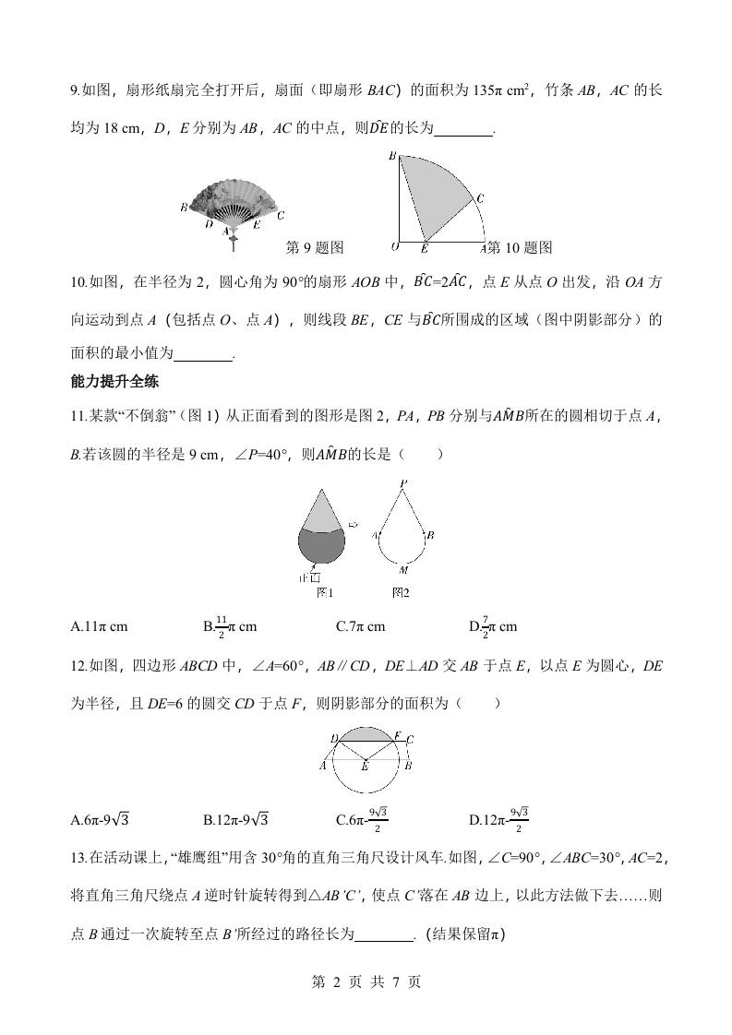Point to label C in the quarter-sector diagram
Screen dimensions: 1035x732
point(480,197)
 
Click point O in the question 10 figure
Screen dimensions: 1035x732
point(394,247)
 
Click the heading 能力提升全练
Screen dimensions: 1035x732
point(114,382)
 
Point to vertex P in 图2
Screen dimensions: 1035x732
point(403,483)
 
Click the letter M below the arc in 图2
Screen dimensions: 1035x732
point(403,571)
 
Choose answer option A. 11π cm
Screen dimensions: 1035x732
point(99,627)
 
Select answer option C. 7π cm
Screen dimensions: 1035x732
point(360,627)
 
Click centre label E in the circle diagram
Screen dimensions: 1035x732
point(366,767)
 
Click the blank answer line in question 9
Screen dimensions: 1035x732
point(463,130)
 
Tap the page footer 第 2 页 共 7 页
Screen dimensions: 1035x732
point(366,981)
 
